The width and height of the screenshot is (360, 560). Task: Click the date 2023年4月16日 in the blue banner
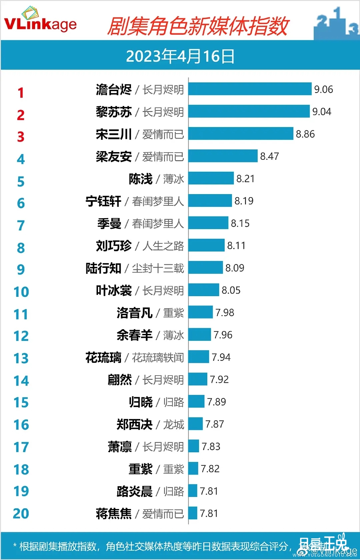click(x=180, y=56)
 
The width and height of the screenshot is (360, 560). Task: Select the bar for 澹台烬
click(x=250, y=89)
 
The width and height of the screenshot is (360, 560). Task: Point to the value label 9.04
click(x=322, y=112)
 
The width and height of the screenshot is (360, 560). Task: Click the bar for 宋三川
click(x=241, y=134)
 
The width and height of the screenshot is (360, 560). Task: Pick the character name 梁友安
click(x=114, y=156)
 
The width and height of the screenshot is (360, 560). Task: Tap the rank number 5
click(x=21, y=181)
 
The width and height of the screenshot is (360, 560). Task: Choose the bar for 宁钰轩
click(x=210, y=201)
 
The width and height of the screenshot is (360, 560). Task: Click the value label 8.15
click(x=240, y=223)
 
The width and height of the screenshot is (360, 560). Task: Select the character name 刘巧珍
click(x=114, y=246)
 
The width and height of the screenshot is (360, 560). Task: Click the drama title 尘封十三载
click(x=158, y=268)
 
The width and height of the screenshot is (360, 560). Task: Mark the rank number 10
click(x=21, y=292)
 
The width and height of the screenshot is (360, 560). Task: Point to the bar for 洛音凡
click(x=200, y=313)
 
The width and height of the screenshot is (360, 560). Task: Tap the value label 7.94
click(x=221, y=357)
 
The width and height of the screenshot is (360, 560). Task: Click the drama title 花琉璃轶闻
click(x=158, y=358)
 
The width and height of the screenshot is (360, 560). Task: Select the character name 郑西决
click(x=134, y=425)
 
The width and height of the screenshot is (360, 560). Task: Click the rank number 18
click(x=21, y=470)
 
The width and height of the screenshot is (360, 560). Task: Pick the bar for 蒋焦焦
click(x=193, y=513)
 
